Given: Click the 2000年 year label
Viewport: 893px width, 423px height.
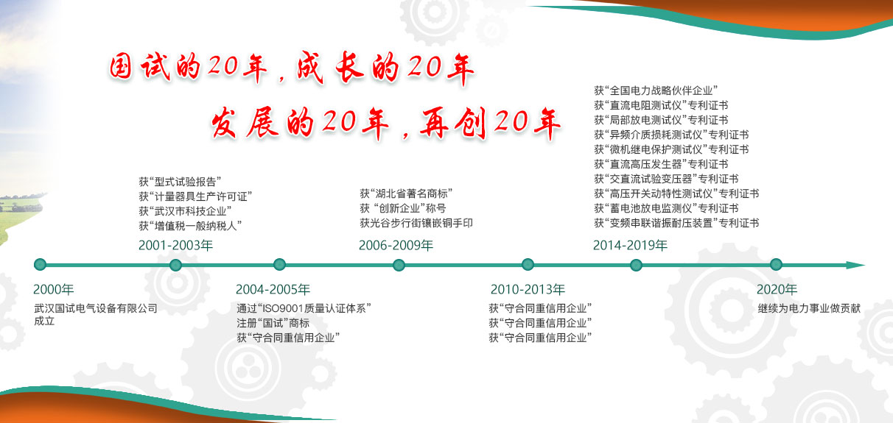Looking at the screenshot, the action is (x=54, y=289).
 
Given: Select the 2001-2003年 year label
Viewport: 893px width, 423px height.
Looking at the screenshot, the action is (x=175, y=245).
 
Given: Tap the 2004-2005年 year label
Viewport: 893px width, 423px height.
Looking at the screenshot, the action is (x=273, y=289).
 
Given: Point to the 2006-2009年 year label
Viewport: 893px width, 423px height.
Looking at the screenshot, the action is (x=396, y=245).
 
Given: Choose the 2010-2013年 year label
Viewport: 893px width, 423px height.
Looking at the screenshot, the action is (x=528, y=289).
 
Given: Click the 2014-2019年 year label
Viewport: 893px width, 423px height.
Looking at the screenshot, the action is (x=630, y=245).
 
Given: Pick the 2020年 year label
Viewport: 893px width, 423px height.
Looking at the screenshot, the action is (x=777, y=289).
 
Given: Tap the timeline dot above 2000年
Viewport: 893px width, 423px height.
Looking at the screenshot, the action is (x=40, y=265).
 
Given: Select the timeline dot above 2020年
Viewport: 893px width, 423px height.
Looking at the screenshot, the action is (x=776, y=265).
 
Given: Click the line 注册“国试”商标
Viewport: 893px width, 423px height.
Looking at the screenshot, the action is (x=273, y=323).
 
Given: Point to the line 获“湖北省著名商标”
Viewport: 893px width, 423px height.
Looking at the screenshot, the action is (x=406, y=193).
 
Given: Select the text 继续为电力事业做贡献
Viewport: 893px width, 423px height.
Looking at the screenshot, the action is (x=809, y=308).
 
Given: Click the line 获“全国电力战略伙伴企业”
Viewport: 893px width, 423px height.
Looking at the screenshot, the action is (x=656, y=90).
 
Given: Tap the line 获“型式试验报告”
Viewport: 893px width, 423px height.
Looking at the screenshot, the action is (x=180, y=182).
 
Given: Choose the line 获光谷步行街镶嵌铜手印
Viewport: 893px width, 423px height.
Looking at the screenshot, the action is (x=416, y=223).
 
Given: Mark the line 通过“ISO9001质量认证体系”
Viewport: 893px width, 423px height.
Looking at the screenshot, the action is (x=304, y=308).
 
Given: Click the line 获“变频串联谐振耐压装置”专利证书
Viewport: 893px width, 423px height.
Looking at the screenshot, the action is (x=676, y=223).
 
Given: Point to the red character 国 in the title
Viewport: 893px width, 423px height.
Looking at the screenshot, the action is (x=121, y=66).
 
